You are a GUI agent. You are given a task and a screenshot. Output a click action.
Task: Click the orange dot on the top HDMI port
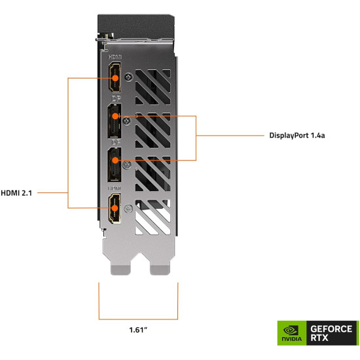(115, 78)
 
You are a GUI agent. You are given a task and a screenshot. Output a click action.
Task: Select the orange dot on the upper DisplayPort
(115, 117)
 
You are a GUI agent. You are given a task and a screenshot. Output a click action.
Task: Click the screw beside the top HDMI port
(129, 77)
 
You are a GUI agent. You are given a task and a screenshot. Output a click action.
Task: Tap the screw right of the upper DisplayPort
(128, 120)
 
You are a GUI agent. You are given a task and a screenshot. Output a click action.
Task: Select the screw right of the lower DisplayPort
(128, 165)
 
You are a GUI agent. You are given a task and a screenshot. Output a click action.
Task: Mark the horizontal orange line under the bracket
(138, 319)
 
